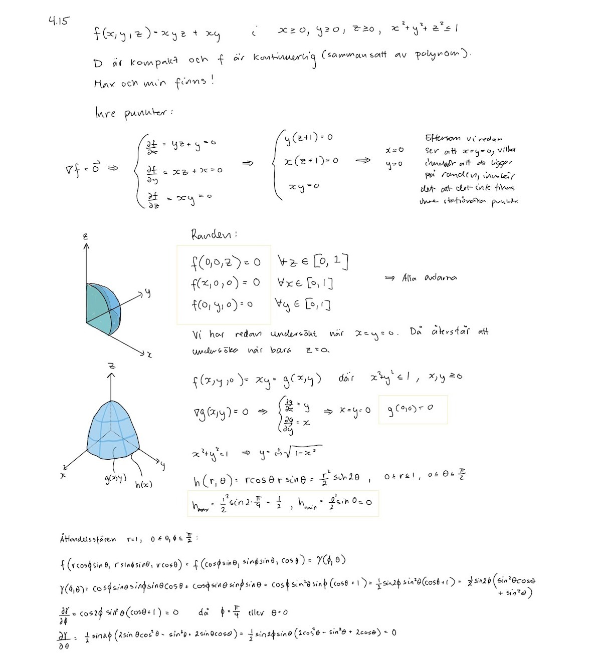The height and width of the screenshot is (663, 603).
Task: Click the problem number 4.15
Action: pos(59,21)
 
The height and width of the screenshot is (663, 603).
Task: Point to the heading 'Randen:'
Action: pos(214,234)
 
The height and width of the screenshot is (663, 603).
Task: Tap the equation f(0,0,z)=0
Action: pos(226,262)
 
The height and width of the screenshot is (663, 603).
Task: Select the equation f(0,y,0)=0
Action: pos(222,304)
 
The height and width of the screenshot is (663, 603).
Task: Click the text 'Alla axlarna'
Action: pos(429,278)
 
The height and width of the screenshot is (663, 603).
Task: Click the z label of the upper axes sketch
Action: pos(86,236)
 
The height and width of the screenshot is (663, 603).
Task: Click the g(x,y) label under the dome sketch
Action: pos(115,479)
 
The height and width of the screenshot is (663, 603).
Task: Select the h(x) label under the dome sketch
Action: pos(144,484)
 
